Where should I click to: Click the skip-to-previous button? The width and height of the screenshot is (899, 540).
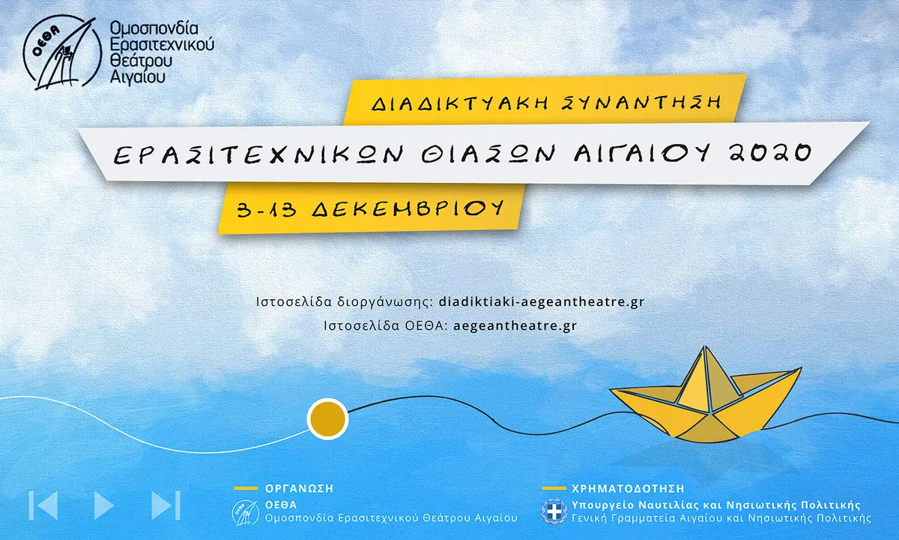click(43, 505)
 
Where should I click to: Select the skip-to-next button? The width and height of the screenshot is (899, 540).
click(166, 505)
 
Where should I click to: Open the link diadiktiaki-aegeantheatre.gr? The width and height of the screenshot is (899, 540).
click(541, 302)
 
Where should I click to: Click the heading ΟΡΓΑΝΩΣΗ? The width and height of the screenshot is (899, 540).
click(300, 488)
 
